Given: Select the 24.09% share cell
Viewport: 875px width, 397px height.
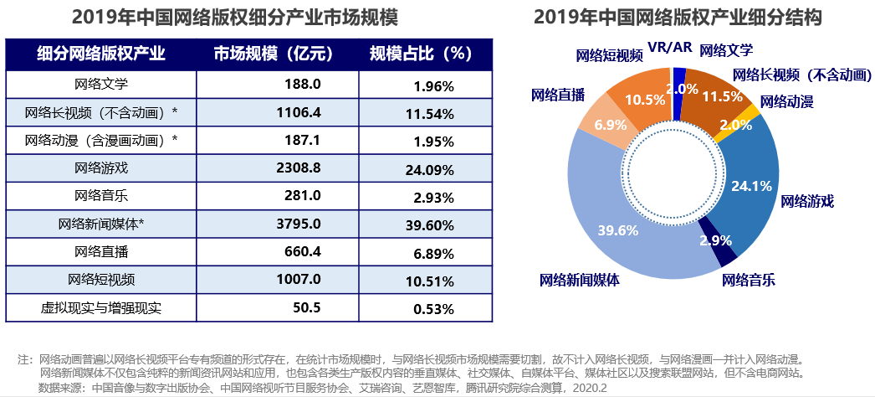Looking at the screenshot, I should [433, 168].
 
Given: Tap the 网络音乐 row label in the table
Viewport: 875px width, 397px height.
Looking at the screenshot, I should [100, 196].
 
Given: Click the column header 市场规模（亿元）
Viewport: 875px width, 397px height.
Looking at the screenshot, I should [273, 54].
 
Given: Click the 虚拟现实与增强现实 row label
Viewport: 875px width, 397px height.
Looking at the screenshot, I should [100, 307].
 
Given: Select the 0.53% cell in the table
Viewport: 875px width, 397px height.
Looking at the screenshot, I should [433, 308].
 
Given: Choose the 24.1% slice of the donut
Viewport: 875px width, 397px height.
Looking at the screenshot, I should [749, 186].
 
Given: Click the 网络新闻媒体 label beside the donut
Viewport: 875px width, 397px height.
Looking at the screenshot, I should [579, 279].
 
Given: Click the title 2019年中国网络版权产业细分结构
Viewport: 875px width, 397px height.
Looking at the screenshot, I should [678, 17].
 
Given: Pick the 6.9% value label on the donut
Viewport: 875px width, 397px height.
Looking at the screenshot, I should [606, 125].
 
